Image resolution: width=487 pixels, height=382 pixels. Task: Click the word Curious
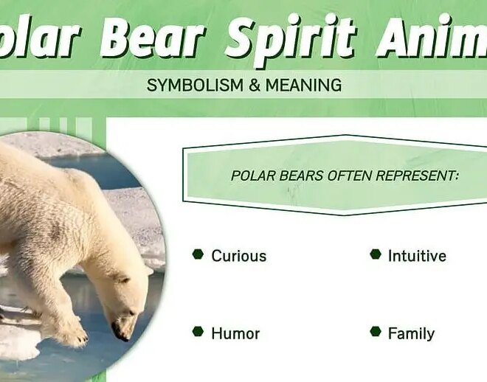238,256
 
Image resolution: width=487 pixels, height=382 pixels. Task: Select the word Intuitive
417,256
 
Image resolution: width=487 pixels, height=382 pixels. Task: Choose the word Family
411,333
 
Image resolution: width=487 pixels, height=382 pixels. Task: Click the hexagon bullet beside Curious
198,254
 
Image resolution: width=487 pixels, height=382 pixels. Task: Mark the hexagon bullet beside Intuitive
375,254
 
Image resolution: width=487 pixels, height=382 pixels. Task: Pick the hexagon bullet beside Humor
198,332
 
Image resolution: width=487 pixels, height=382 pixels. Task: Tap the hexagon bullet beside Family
375,332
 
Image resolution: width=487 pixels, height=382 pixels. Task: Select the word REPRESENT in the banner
418,176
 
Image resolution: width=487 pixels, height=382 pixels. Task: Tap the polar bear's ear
122,279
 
